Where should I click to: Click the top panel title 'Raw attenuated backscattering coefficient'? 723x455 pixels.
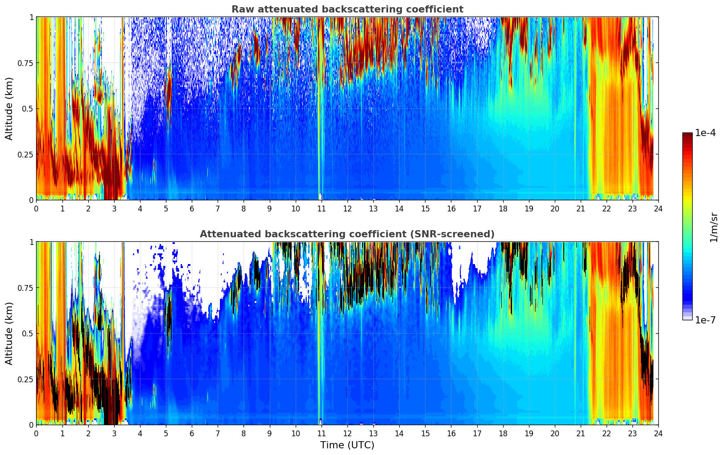click(x=347, y=9)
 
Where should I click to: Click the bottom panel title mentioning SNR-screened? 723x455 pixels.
click(x=347, y=234)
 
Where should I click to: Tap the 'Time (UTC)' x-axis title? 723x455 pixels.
click(x=347, y=445)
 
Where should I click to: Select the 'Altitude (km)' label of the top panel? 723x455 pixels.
click(x=9, y=108)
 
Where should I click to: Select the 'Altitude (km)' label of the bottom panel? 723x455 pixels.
click(x=9, y=333)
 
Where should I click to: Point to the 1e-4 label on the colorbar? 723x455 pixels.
click(x=705, y=133)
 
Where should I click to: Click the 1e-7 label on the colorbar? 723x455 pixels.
click(x=705, y=320)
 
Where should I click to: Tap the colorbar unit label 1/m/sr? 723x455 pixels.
click(x=714, y=227)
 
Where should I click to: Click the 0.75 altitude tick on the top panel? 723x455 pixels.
click(x=25, y=63)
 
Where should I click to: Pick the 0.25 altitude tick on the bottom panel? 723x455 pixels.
click(x=25, y=379)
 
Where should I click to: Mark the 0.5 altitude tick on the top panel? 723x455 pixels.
click(x=28, y=108)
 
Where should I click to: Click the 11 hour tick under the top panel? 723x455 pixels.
click(x=321, y=208)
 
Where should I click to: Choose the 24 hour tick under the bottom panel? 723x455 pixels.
click(x=658, y=433)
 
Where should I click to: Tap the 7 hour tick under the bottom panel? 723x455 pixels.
click(x=218, y=433)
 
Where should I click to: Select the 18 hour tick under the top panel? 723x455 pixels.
click(x=503, y=208)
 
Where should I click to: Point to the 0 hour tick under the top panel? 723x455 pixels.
click(x=36, y=208)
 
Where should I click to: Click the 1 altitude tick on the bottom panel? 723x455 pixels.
click(x=31, y=242)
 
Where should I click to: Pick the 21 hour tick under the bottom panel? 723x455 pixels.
click(x=580, y=433)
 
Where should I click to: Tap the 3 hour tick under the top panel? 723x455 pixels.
click(x=114, y=208)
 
